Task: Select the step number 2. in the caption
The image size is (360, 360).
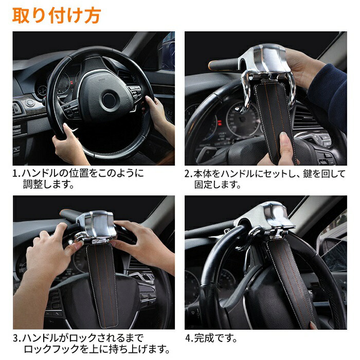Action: point(189,173)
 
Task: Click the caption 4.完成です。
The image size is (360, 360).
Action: point(211,338)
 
